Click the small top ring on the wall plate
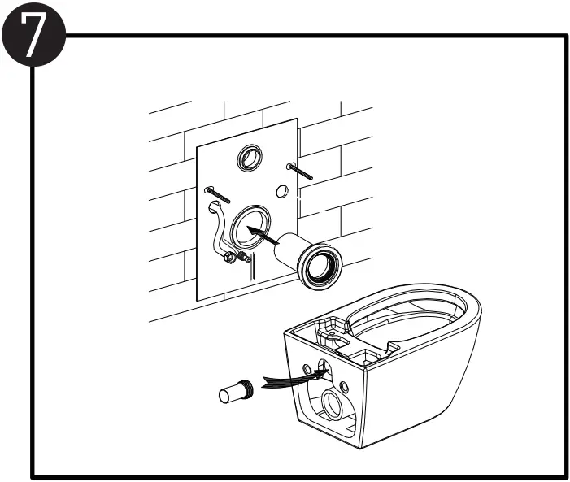249,158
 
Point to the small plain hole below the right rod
281,192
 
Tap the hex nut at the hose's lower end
229,258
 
